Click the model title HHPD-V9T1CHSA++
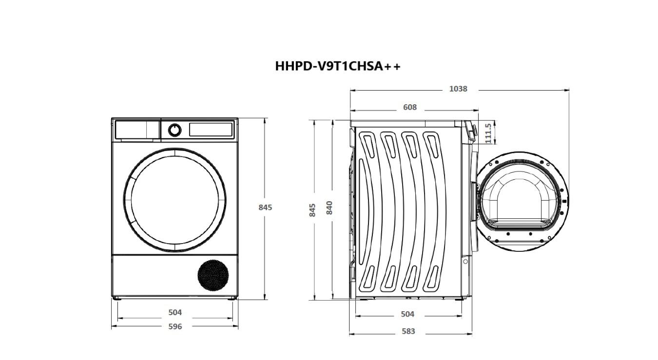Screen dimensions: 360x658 click(x=337, y=66)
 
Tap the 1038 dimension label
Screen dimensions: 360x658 click(x=458, y=89)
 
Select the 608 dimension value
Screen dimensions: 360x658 click(x=410, y=107)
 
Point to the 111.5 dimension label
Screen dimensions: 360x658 click(x=488, y=133)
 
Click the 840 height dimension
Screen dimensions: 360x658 click(x=329, y=208)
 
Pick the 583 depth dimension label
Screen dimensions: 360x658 click(x=408, y=331)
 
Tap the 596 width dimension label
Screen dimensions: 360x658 click(x=175, y=326)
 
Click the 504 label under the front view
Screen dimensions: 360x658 click(x=175, y=313)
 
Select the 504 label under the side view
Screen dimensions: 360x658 click(x=407, y=314)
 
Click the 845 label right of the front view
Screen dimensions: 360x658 click(x=265, y=207)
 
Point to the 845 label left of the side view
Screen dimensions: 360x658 click(x=313, y=209)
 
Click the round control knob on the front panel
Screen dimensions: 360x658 click(x=174, y=130)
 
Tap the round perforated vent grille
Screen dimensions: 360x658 click(x=213, y=275)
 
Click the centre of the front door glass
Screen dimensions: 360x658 click(x=174, y=200)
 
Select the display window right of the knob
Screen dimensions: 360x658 click(x=210, y=130)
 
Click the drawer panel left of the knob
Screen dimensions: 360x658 click(x=137, y=130)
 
